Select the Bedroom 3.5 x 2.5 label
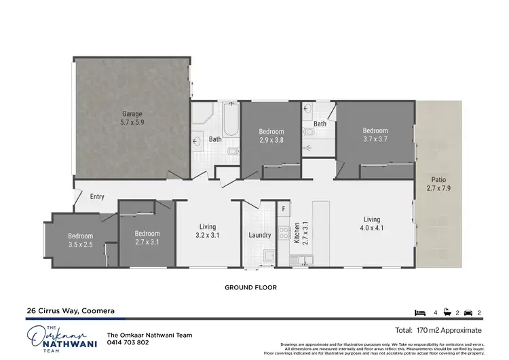coord(79,240)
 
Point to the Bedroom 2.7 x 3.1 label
coord(147,236)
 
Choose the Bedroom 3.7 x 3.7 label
coord(375,135)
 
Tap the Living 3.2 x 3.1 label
coord(207,232)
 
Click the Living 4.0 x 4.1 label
coord(371,223)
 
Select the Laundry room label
coord(259,236)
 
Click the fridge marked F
coord(284,209)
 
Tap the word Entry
coord(97,197)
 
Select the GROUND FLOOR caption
coord(251,287)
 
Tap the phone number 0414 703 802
coord(128,342)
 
